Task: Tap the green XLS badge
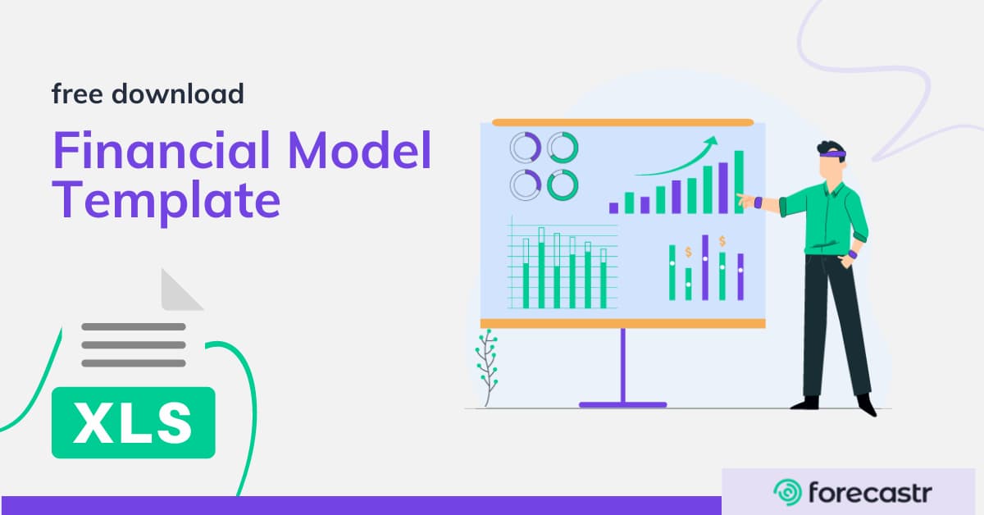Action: (x=133, y=422)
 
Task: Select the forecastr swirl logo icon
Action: (x=787, y=492)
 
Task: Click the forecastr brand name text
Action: (x=869, y=492)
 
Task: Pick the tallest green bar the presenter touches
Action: (x=739, y=181)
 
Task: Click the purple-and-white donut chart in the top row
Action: (x=526, y=148)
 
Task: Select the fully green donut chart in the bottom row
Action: (x=563, y=185)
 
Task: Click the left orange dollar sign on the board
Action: (x=688, y=251)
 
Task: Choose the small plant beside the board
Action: (x=487, y=367)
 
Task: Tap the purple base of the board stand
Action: (x=623, y=404)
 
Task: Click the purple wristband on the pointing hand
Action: (x=758, y=201)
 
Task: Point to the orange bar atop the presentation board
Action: (x=622, y=122)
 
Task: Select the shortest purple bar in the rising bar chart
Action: (x=613, y=208)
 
